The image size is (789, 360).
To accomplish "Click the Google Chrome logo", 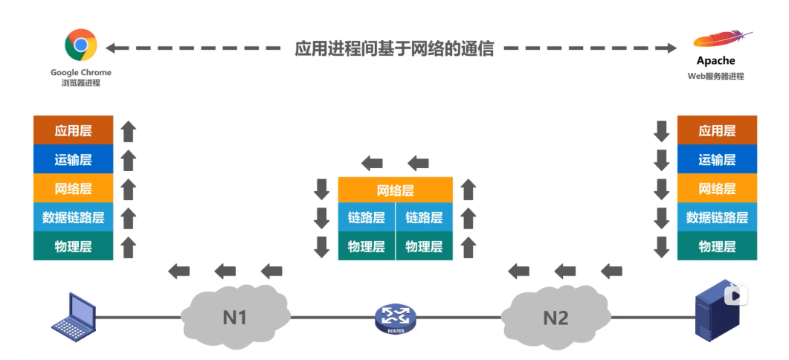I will coord(80,45).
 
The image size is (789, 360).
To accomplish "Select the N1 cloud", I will coord(234,318).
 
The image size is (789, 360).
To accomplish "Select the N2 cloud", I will coord(555,318).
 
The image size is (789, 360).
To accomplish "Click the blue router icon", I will coord(396,318).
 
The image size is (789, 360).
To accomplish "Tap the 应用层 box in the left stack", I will coord(74,131).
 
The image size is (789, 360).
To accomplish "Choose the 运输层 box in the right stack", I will coord(717,159).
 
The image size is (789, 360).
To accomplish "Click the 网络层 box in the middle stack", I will coord(395,190).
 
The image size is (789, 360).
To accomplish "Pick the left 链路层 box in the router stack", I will coord(367,218).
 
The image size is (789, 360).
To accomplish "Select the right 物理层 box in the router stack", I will coord(424,246).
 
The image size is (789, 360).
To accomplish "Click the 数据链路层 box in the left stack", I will coord(74,217).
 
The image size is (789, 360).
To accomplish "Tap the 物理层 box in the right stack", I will coord(717,246).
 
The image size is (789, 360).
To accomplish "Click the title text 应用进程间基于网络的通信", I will coord(394,49).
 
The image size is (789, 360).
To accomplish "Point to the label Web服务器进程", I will coord(715,76).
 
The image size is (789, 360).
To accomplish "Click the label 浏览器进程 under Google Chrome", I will coord(80,83).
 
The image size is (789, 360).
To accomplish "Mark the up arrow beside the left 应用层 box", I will coord(129,132).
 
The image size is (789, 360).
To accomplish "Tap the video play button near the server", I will coord(737,295).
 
